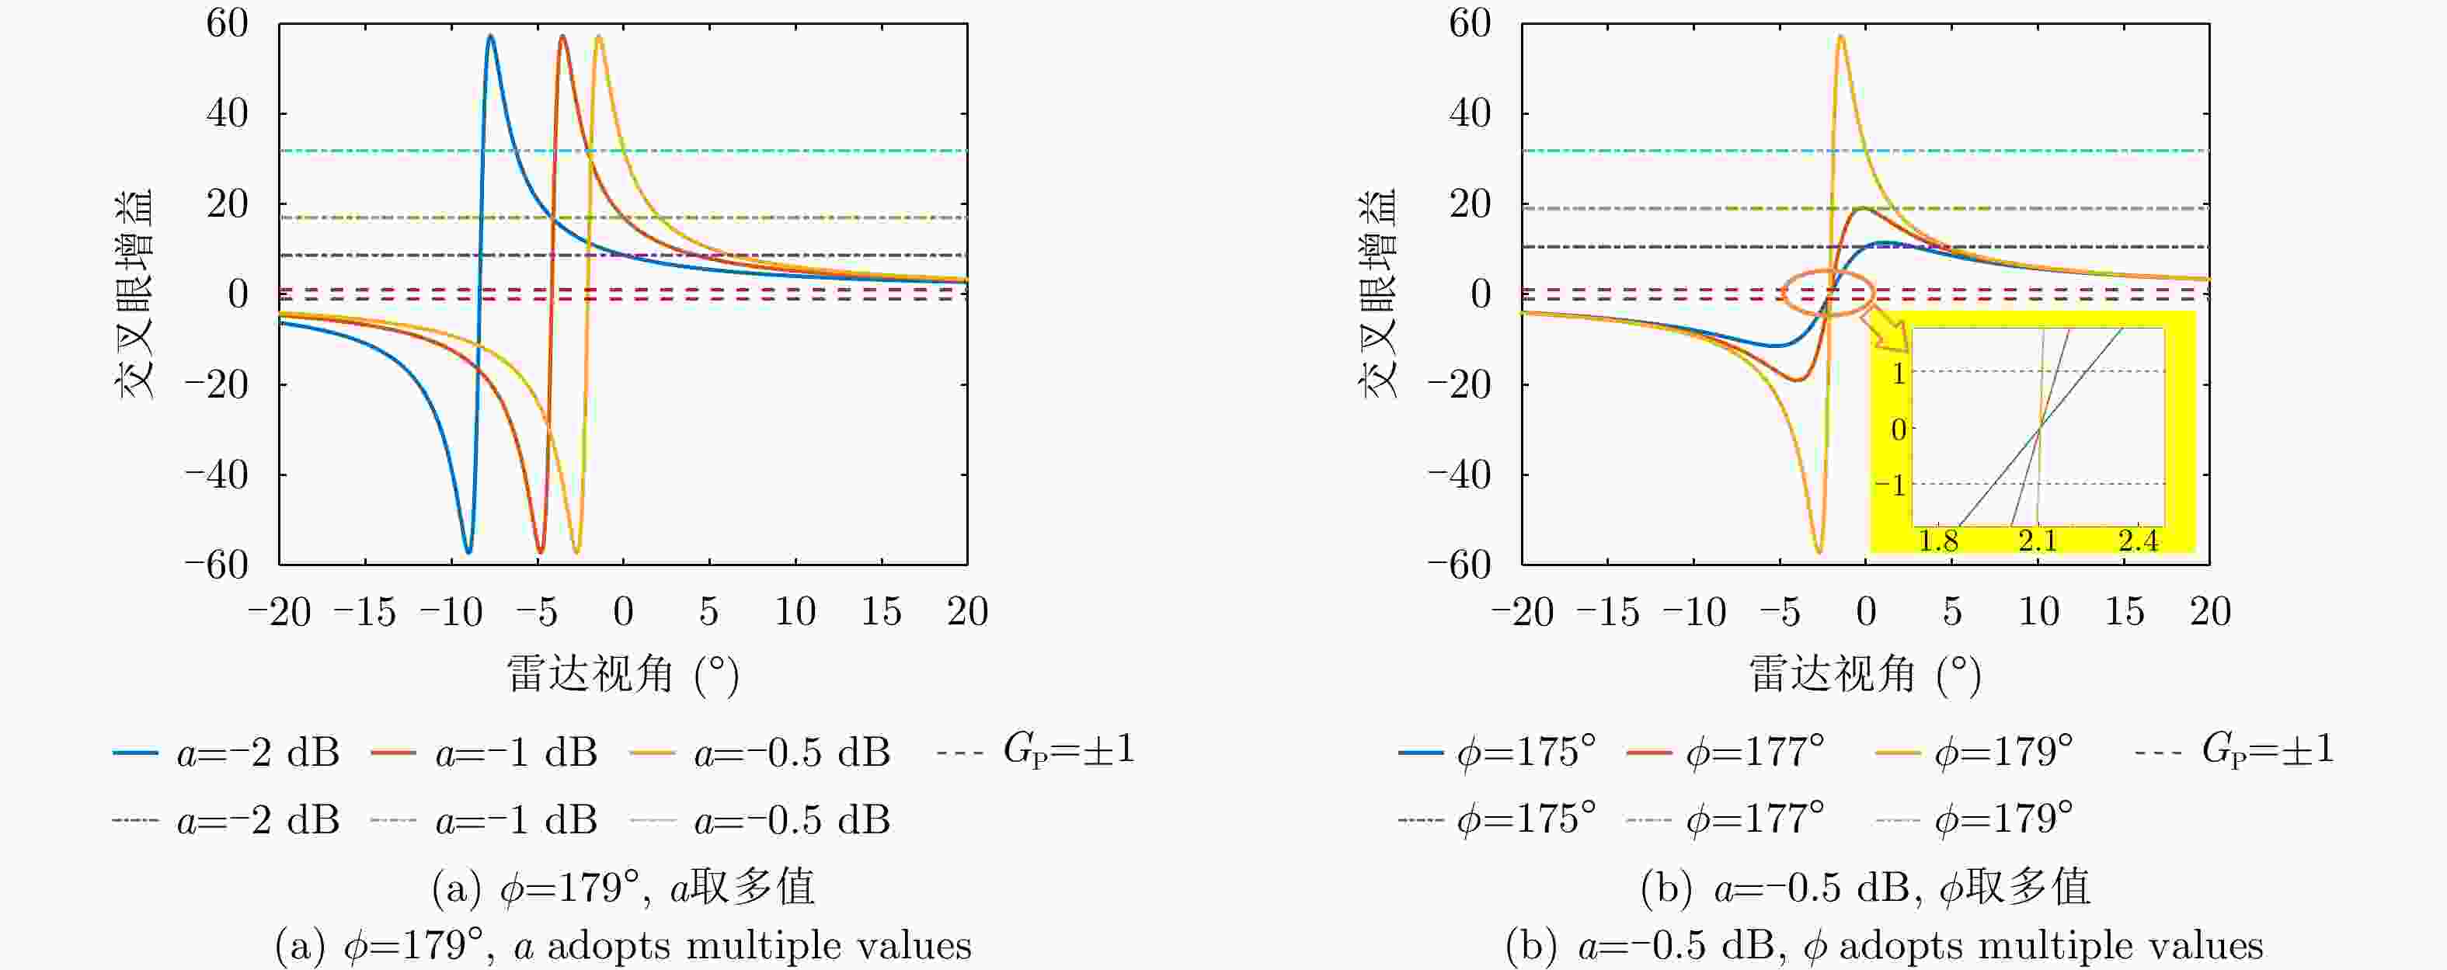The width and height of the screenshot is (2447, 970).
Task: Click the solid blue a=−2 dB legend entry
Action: (x=226, y=753)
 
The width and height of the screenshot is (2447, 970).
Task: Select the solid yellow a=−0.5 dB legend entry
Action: (x=760, y=753)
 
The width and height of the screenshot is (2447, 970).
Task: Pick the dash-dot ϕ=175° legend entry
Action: (x=1497, y=819)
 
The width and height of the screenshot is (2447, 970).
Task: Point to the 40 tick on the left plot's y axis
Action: (x=227, y=114)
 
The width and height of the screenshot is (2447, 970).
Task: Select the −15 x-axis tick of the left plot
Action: (x=365, y=612)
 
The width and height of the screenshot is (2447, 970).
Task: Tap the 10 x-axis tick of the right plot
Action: (x=2038, y=612)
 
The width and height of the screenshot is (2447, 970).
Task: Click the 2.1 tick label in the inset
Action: (x=2038, y=541)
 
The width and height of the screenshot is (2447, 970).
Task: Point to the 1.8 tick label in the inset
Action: (x=1938, y=541)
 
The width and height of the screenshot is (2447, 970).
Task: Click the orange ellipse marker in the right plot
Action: (x=1826, y=292)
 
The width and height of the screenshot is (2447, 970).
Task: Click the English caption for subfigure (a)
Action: (x=622, y=946)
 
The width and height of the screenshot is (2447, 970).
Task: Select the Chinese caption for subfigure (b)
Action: (x=1864, y=888)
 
